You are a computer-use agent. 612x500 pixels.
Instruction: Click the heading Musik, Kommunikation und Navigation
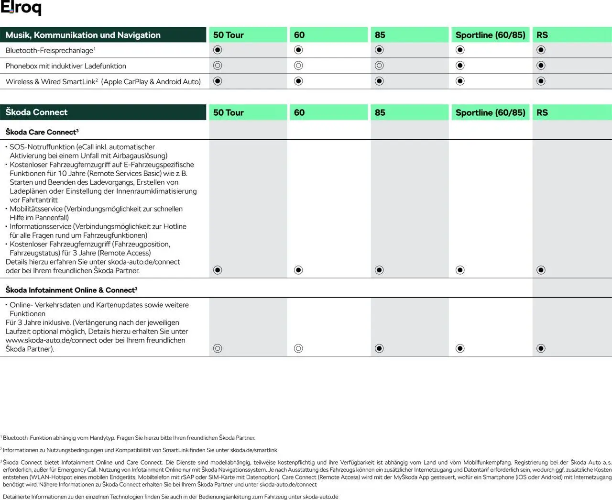(83, 35)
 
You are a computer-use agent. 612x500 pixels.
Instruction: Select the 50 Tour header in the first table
(228, 35)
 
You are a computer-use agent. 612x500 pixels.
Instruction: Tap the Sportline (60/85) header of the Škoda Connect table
(490, 112)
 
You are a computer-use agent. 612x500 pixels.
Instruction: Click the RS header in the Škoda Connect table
(542, 112)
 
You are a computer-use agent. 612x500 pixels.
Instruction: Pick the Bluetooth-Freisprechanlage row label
(50, 50)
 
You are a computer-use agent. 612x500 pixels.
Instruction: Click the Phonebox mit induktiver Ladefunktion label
(66, 66)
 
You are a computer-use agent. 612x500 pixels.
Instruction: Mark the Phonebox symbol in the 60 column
(298, 66)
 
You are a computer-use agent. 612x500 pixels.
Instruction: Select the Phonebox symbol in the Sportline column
(460, 66)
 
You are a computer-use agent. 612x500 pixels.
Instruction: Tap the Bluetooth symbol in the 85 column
(379, 50)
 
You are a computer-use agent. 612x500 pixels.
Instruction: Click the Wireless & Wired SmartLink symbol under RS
(541, 81)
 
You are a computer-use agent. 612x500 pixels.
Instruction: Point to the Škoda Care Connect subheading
(42, 132)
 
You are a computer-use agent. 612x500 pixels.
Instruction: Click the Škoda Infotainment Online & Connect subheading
(71, 290)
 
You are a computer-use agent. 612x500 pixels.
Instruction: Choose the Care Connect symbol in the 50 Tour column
(218, 270)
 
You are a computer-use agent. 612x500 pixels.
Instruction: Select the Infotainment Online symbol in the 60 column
(298, 348)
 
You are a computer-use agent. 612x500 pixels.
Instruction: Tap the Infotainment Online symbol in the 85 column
(379, 348)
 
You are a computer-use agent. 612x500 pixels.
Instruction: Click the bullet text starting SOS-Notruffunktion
(82, 147)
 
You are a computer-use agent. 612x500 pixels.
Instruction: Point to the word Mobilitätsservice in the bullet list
(36, 209)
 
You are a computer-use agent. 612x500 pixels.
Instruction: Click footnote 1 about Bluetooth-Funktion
(129, 438)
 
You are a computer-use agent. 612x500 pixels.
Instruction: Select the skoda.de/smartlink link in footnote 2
(253, 450)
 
